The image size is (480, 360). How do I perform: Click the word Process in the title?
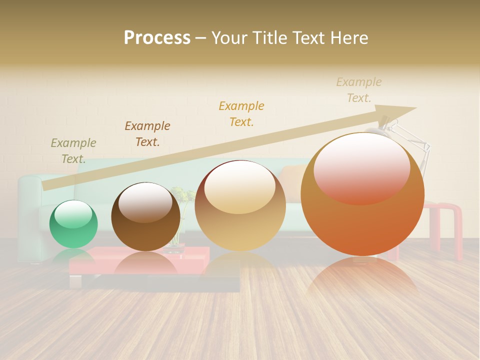157,38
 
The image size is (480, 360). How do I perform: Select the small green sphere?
73,225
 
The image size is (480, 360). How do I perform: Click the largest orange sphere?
362,200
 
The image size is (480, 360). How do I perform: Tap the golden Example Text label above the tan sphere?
241,114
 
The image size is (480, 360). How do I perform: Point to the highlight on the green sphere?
73,214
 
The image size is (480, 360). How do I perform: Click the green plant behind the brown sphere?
183,195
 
